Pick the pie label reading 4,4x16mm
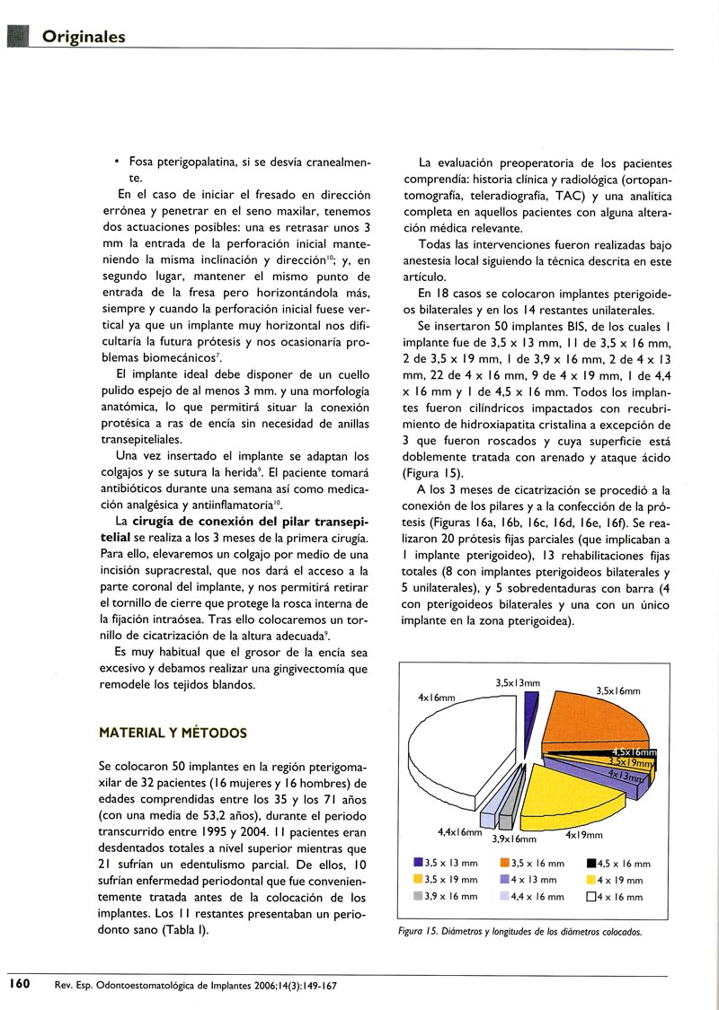[x=459, y=832]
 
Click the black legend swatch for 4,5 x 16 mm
[x=590, y=864]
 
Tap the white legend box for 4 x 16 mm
[x=590, y=896]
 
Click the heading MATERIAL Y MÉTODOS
[x=172, y=732]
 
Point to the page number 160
[x=21, y=984]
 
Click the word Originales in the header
[x=84, y=37]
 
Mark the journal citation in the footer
[x=195, y=985]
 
